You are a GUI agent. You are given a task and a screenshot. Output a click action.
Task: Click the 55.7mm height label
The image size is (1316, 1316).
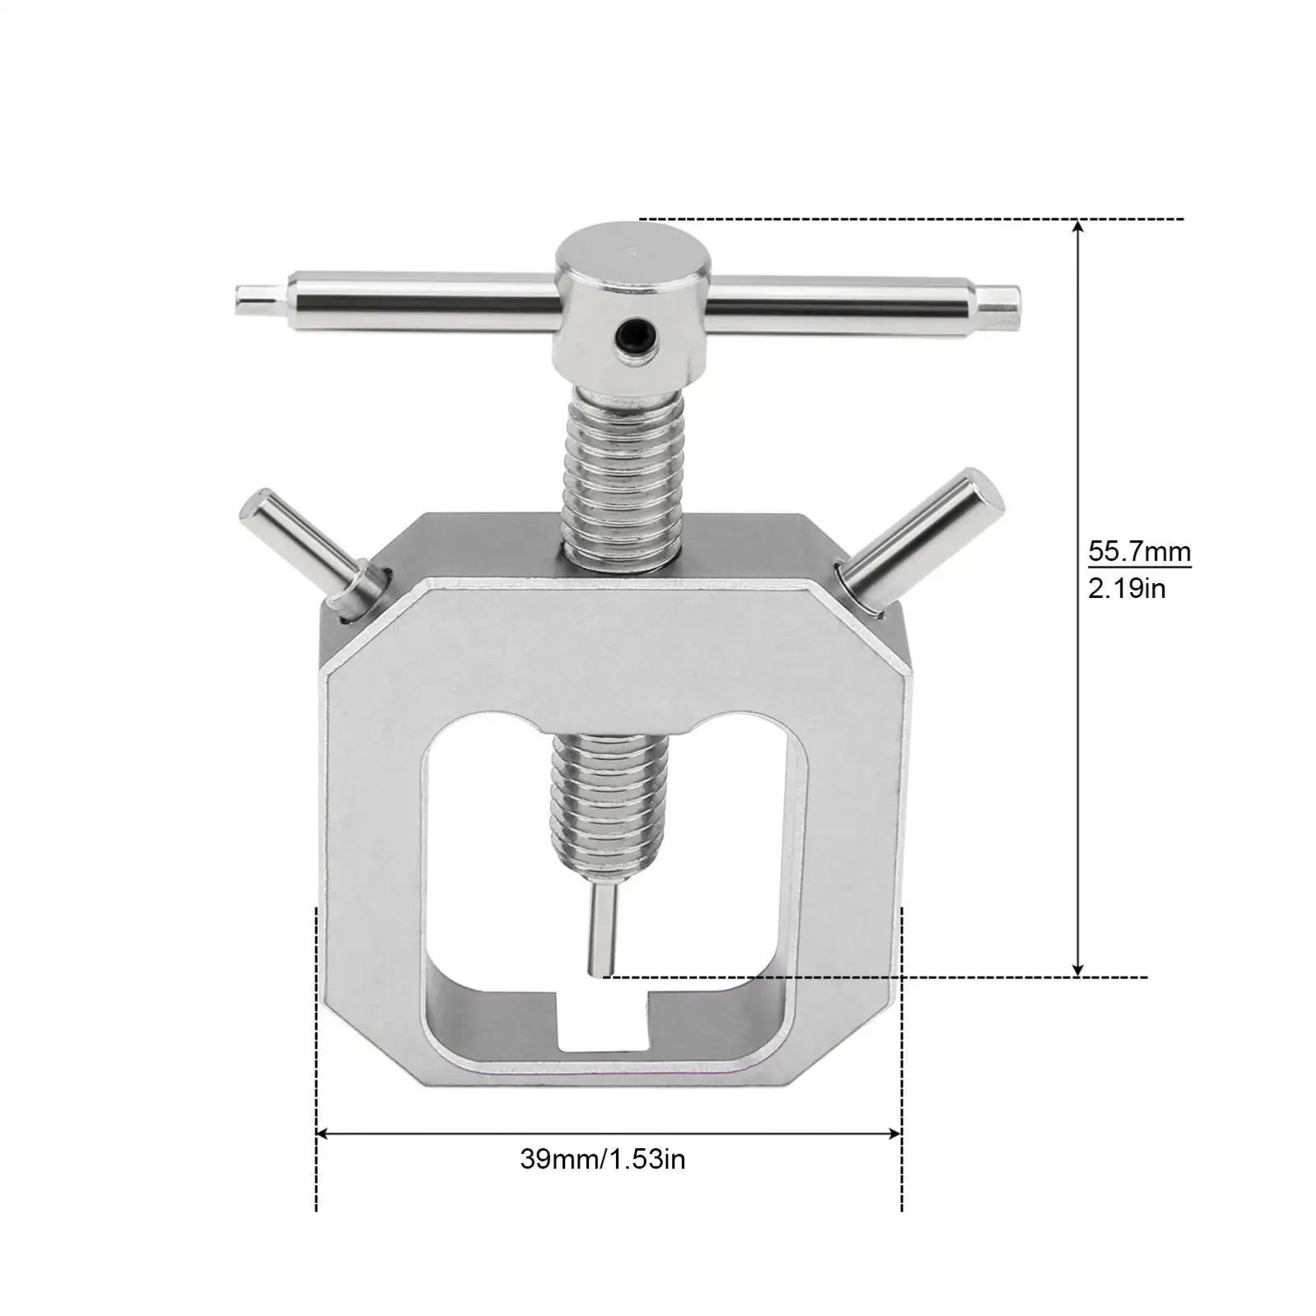(x=1139, y=550)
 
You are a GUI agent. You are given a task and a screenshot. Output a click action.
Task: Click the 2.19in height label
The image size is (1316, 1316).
(x=1127, y=588)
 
